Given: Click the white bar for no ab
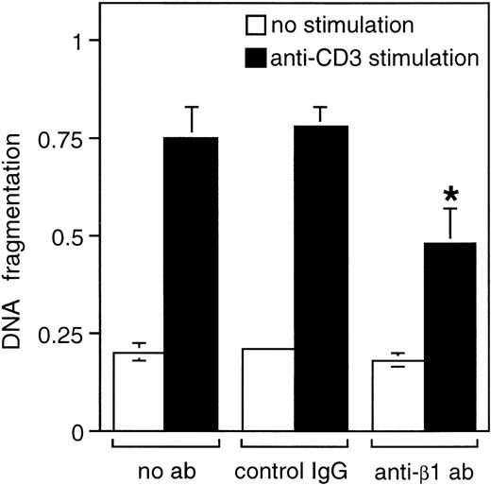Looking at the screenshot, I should [x=138, y=391].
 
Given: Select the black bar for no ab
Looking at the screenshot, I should [x=191, y=284].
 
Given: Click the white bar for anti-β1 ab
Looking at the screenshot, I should [x=398, y=395].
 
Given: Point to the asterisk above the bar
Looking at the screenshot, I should [x=451, y=196].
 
